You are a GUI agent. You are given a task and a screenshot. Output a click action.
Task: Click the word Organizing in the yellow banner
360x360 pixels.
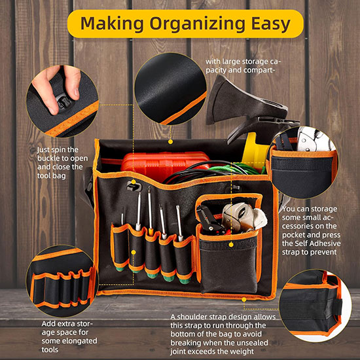click(197, 24)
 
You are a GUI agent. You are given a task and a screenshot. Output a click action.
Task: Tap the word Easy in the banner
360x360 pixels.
click(271, 24)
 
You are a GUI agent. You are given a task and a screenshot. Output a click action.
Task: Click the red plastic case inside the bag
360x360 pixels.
click(165, 164)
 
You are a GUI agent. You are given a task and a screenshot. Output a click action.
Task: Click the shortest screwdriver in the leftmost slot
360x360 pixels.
click(122, 216)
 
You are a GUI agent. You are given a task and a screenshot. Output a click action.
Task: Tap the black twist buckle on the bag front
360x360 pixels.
click(133, 186)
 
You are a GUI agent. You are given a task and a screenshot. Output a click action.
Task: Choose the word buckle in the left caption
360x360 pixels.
click(50, 158)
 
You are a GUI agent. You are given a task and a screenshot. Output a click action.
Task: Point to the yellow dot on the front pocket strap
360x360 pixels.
click(231, 245)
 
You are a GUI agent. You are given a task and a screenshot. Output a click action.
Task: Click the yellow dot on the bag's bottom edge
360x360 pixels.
click(244, 300)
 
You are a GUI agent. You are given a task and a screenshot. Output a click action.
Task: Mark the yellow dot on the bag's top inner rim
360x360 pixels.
click(170, 142)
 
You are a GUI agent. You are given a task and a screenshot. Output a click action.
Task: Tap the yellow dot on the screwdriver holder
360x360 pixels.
click(134, 253)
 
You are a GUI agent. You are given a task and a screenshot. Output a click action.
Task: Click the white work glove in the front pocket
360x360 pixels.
click(245, 217)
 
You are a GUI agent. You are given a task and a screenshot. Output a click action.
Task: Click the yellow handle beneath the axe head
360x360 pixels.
click(254, 151)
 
